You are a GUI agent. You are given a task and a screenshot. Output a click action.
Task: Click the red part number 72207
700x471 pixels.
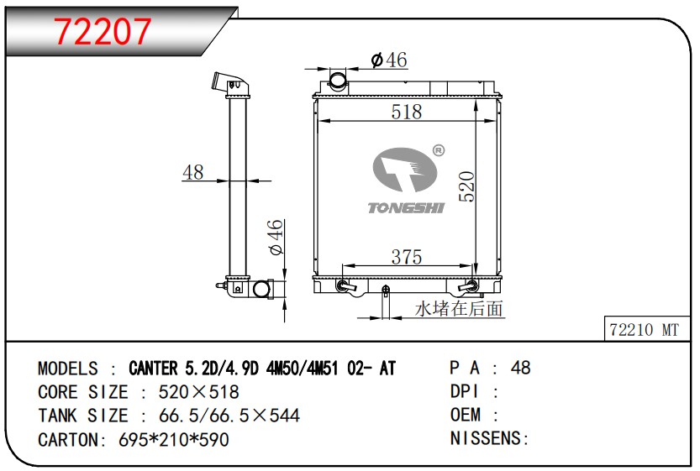pos(103,31)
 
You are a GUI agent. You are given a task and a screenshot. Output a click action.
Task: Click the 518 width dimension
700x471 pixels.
pos(406,112)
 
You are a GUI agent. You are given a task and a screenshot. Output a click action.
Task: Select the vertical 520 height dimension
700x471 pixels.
pos(467,186)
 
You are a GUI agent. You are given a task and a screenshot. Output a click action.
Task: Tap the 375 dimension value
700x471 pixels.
pos(406,257)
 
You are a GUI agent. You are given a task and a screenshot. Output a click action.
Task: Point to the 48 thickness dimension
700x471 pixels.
pos(193,172)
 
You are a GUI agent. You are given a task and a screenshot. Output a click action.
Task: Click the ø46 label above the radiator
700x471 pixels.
pos(389,60)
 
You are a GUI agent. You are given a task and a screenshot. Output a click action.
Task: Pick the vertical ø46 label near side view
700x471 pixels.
pos(276,237)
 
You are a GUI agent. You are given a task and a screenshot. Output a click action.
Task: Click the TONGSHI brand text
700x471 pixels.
pos(406,208)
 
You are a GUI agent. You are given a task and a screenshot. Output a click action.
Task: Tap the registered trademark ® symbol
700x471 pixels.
pos(439,151)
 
